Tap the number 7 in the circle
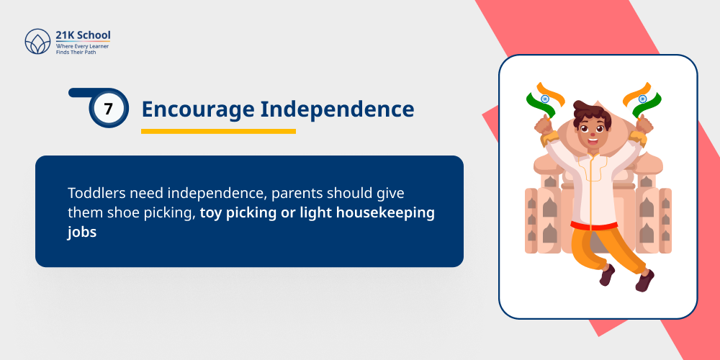(x=109, y=109)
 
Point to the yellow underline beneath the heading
(x=218, y=131)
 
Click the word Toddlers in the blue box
(x=94, y=194)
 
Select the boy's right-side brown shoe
(x=643, y=279)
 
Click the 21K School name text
(x=84, y=35)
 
